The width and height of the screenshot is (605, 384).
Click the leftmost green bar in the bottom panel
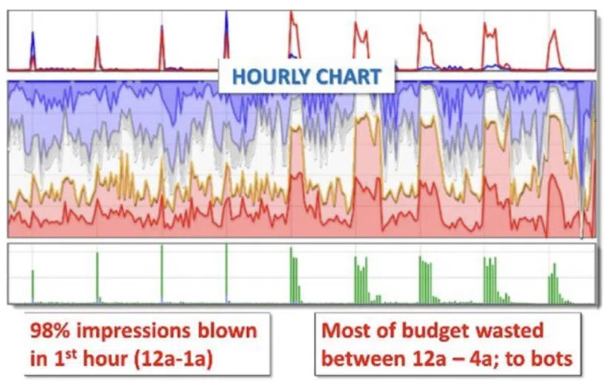(x=33, y=287)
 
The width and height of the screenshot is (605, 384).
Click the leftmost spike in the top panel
(x=32, y=52)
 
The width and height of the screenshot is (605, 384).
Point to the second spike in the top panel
(x=97, y=52)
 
